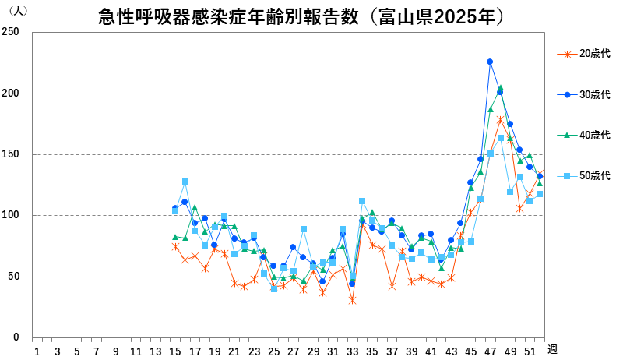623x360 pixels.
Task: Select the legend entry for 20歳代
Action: point(594,54)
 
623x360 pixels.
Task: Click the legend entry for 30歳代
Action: point(594,94)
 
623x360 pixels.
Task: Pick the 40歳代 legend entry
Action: point(594,135)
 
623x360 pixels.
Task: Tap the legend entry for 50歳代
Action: point(594,176)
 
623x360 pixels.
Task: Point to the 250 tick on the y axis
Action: point(12,33)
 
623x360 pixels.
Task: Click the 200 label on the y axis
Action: point(12,94)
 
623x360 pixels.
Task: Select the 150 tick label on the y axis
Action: point(12,154)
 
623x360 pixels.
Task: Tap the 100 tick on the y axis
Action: point(12,216)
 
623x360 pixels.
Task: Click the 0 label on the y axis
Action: point(16,337)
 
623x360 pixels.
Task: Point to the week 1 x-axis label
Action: point(37,351)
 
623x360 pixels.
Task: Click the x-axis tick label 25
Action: point(273,351)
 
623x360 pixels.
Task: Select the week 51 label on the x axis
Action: point(530,351)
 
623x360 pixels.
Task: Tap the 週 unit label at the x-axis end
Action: point(551,349)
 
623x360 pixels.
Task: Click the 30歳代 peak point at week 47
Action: point(490,62)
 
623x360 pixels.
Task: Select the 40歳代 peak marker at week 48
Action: point(500,88)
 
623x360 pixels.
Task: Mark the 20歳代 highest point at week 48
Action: point(500,120)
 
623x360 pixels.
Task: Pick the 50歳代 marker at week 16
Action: point(185,182)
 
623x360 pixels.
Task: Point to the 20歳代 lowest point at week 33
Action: point(352,300)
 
